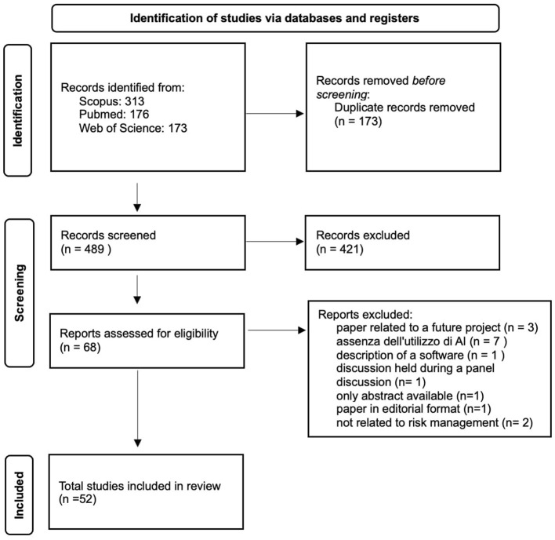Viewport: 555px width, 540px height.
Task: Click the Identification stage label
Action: click(18, 110)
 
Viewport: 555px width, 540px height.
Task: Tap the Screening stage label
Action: click(20, 293)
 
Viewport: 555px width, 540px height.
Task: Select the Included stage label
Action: click(19, 495)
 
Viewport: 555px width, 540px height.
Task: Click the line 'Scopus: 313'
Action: click(111, 101)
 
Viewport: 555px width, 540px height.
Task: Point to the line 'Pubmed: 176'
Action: click(114, 114)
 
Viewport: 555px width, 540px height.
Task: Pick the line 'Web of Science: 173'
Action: click(133, 128)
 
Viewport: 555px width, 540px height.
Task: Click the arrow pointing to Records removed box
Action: click(274, 113)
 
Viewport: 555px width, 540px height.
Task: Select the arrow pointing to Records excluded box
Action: click(274, 242)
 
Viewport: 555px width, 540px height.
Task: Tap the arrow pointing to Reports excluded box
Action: click(277, 330)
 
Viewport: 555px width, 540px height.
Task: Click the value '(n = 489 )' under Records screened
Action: click(86, 249)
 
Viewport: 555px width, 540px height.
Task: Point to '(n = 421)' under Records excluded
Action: click(339, 249)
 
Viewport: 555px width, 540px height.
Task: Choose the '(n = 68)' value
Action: click(80, 347)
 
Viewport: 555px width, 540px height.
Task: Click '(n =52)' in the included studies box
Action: click(78, 499)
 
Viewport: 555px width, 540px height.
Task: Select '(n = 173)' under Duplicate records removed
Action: click(358, 121)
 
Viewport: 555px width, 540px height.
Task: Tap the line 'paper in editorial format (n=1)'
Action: click(413, 409)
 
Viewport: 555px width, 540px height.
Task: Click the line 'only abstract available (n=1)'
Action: click(410, 396)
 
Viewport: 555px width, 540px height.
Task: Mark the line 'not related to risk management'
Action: click(417, 422)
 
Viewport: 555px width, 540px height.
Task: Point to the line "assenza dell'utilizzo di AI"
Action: click(401, 341)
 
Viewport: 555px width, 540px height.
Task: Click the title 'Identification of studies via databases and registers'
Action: click(274, 18)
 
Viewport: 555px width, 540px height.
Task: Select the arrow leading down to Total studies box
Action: click(138, 408)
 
